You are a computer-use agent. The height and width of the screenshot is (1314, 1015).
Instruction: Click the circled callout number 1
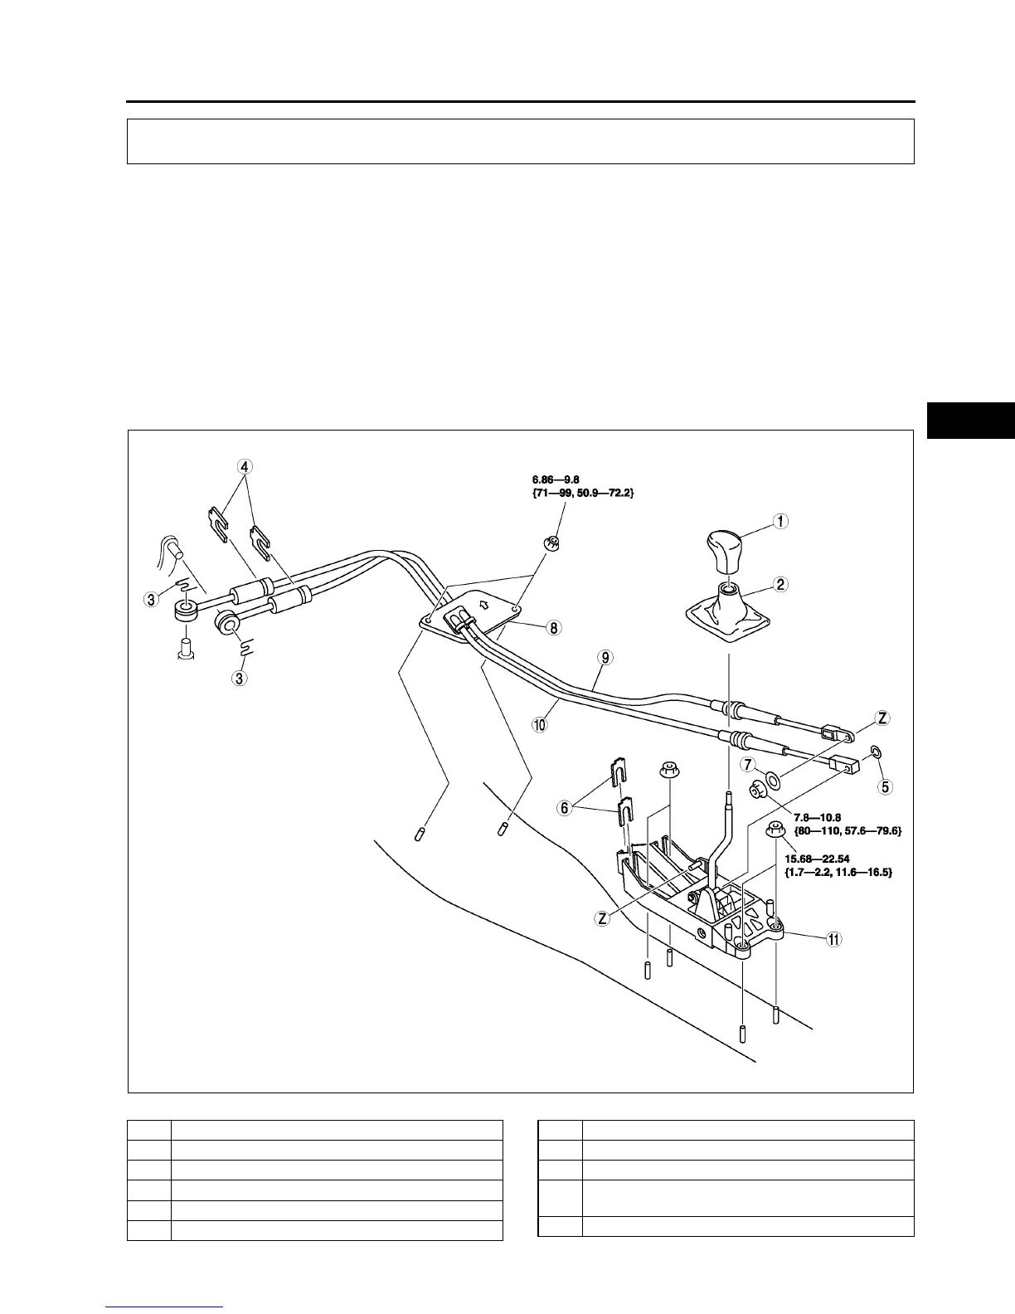pyautogui.click(x=780, y=522)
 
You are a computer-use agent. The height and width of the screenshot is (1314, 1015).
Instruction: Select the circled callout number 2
pyautogui.click(x=780, y=584)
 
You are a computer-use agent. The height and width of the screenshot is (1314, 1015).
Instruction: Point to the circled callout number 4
pyautogui.click(x=244, y=466)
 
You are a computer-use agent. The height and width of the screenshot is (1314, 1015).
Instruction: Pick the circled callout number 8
pyautogui.click(x=553, y=628)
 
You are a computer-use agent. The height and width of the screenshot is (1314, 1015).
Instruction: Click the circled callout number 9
pyautogui.click(x=606, y=657)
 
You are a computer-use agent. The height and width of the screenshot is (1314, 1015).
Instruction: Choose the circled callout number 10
pyautogui.click(x=540, y=724)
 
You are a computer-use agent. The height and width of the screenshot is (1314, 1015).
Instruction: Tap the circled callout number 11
pyautogui.click(x=833, y=939)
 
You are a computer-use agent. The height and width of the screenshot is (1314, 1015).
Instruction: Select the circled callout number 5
pyautogui.click(x=886, y=786)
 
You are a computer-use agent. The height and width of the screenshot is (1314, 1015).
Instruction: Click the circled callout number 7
pyautogui.click(x=748, y=763)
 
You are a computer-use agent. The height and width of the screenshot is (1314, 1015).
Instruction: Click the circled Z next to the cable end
pyautogui.click(x=883, y=718)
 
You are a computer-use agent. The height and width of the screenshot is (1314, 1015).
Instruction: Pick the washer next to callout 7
pyautogui.click(x=774, y=779)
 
